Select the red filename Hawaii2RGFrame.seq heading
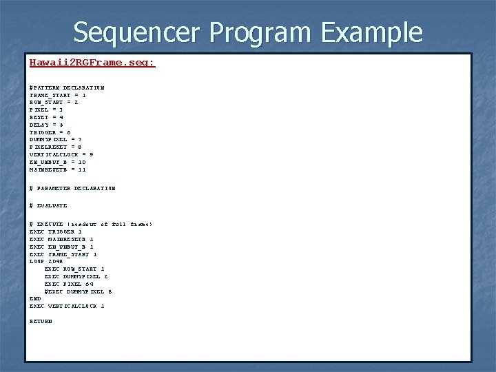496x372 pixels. coord(92,63)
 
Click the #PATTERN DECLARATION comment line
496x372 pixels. coord(67,88)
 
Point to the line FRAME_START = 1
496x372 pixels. coord(58,95)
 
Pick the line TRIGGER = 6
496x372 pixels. coord(50,132)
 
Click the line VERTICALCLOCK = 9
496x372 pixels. coord(61,154)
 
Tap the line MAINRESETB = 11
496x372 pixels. coord(58,169)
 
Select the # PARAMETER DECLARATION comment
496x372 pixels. coord(72,187)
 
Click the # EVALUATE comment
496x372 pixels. coord(48,205)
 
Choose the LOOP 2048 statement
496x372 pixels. coord(46,261)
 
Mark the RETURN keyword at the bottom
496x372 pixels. coord(41,321)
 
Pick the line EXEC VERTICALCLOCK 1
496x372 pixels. coord(67,306)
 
